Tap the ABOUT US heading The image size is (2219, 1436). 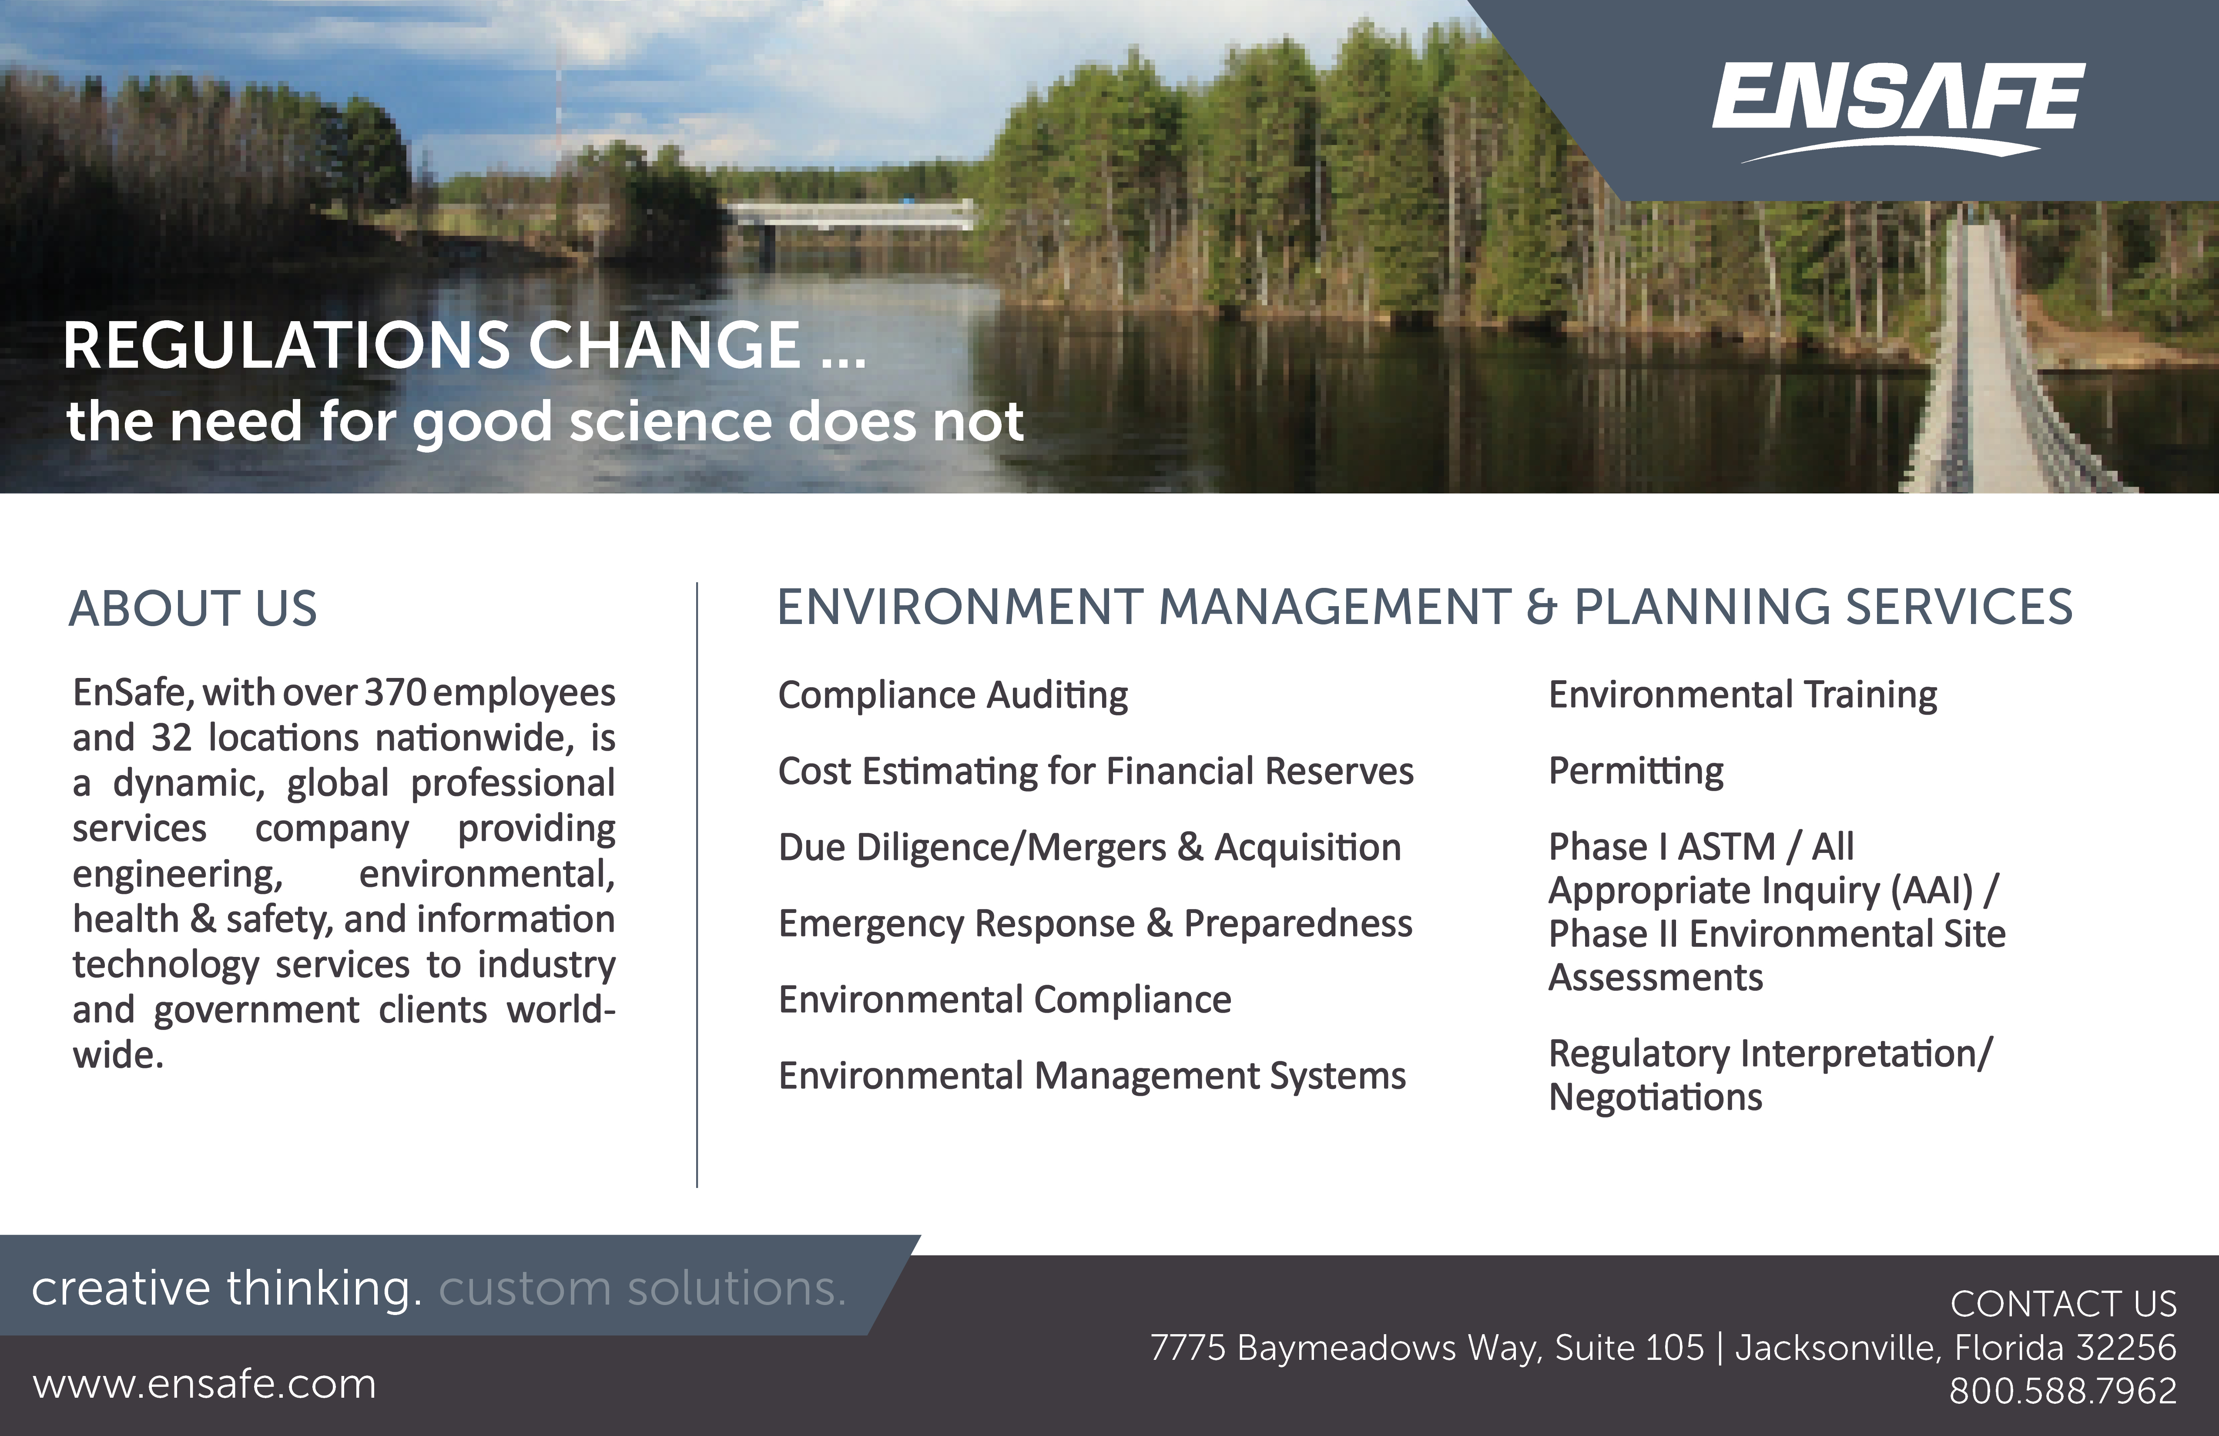coord(193,609)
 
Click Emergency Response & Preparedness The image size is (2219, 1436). coord(1096,924)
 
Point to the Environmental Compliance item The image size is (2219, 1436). coord(1005,1000)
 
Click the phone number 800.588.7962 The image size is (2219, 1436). coord(2062,1391)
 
